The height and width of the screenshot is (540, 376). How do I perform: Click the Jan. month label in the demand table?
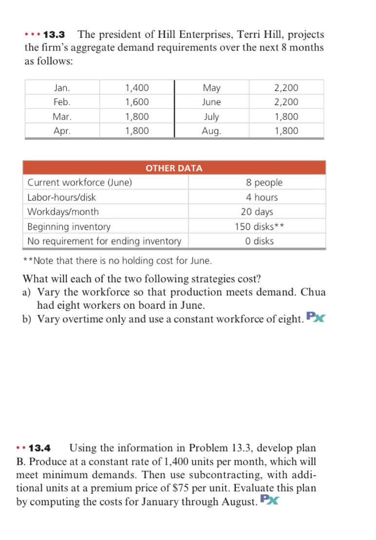pyautogui.click(x=62, y=88)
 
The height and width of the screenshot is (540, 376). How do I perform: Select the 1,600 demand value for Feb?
pyautogui.click(x=137, y=102)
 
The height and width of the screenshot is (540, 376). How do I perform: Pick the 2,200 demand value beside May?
pyautogui.click(x=286, y=88)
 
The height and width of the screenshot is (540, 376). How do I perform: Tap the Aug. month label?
pyautogui.click(x=211, y=131)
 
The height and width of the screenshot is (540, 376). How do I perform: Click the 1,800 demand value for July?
pyautogui.click(x=286, y=117)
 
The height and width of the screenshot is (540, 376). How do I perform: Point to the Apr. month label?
pyautogui.click(x=62, y=131)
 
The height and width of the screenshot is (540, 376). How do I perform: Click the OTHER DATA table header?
pyautogui.click(x=174, y=168)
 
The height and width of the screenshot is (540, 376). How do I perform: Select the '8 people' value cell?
pyautogui.click(x=264, y=183)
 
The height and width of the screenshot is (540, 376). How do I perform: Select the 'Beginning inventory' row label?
pyautogui.click(x=69, y=226)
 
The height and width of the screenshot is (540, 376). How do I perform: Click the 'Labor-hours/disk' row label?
pyautogui.click(x=61, y=197)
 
